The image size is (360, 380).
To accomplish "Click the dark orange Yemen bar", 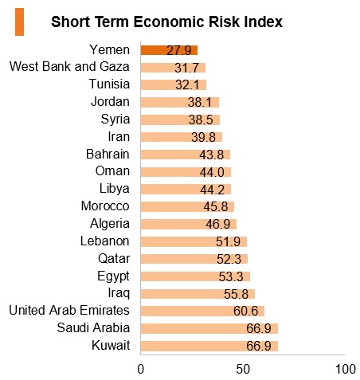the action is pos(169,50).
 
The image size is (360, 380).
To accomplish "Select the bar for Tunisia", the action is pos(174,85).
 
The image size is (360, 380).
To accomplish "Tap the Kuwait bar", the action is pos(209,346).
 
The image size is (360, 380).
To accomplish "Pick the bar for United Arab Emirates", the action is pos(202,311).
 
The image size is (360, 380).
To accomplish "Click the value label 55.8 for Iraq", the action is pos(236,294).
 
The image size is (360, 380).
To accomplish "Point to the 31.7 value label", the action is pos(186,68).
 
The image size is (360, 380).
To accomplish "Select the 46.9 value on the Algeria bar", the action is pos(217,225).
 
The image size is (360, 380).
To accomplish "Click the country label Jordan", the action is pos(110,102).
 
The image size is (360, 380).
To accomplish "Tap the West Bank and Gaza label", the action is pos(69,66).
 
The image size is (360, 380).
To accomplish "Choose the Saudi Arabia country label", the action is pos(93,327).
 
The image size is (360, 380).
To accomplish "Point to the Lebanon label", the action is pos(105,241).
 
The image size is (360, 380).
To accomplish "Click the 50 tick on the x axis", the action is pos(243,369).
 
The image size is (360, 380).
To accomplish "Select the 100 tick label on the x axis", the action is pos(346,369).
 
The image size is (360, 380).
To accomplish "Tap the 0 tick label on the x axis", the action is pos(141,369).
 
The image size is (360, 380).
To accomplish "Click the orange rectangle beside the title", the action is pos(19,22).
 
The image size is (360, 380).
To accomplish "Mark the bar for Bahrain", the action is pos(186,155).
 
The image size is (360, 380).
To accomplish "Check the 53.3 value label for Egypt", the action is pos(231,276).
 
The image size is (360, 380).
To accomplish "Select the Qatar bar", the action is pos(194,259).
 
